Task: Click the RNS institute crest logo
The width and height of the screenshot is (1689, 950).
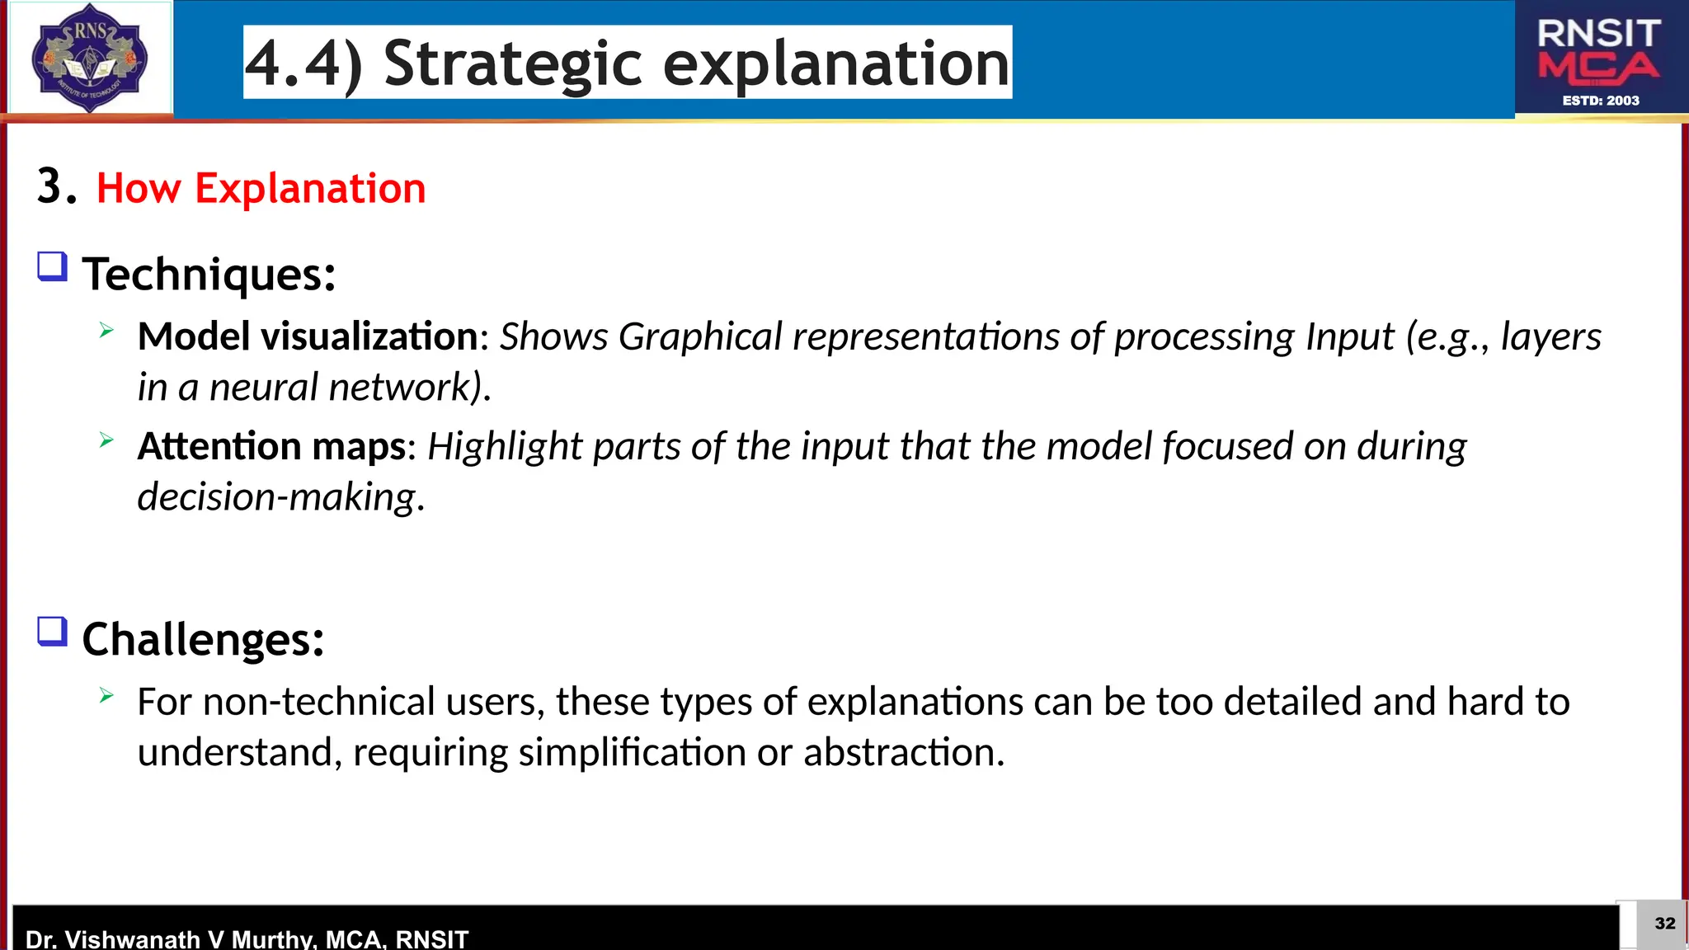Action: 89,58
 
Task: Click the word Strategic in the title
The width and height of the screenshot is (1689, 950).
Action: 512,63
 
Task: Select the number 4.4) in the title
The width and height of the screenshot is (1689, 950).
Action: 303,63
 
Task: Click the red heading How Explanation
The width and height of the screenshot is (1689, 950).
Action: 261,188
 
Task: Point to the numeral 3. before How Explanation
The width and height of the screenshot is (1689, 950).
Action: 56,186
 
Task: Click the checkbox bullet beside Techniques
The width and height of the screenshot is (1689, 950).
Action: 53,267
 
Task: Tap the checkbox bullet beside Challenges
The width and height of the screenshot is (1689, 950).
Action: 53,633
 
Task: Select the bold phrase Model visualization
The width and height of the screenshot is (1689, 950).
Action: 307,336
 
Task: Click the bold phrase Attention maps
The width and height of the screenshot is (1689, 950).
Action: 271,446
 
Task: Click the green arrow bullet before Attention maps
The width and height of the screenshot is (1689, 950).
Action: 106,440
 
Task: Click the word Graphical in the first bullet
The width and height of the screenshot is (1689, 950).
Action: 700,336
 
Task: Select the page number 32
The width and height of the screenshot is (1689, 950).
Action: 1664,924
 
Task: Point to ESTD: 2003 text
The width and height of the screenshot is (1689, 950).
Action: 1601,101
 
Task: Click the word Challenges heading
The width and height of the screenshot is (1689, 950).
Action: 203,639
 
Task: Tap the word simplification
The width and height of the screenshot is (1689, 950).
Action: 632,752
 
